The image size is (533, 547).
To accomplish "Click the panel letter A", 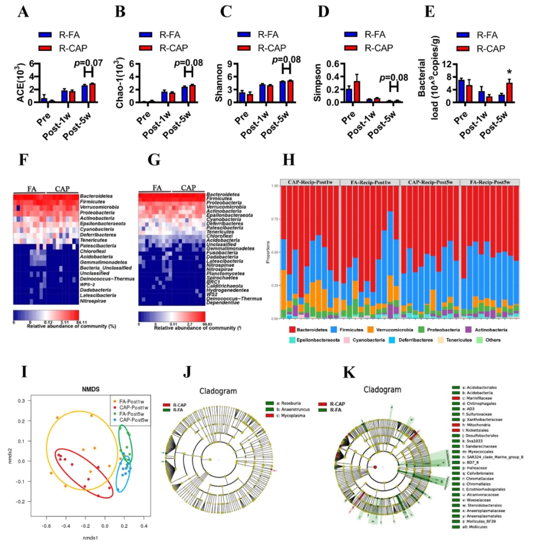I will coord(23,11).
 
